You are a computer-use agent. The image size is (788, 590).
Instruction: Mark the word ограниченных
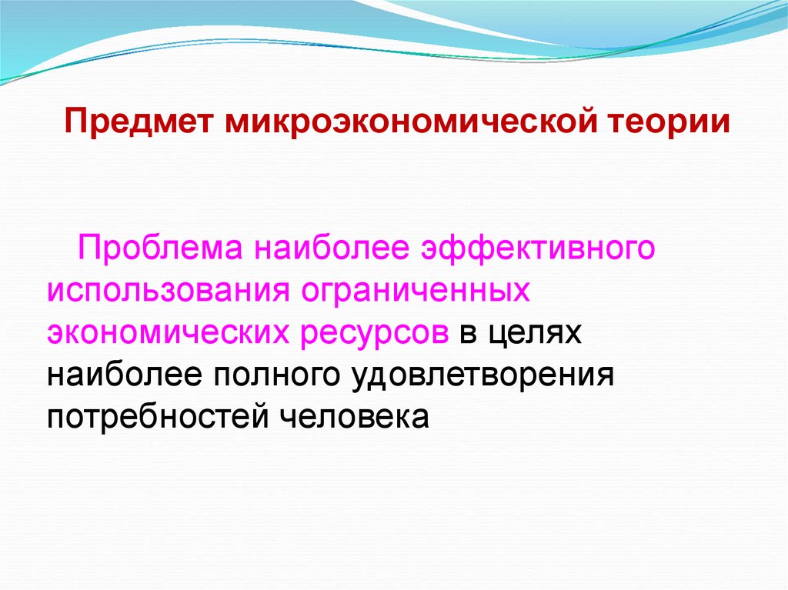coord(417,292)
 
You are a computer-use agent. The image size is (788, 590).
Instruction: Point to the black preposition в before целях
coord(468,333)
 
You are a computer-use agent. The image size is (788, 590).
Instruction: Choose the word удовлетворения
coord(481,375)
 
